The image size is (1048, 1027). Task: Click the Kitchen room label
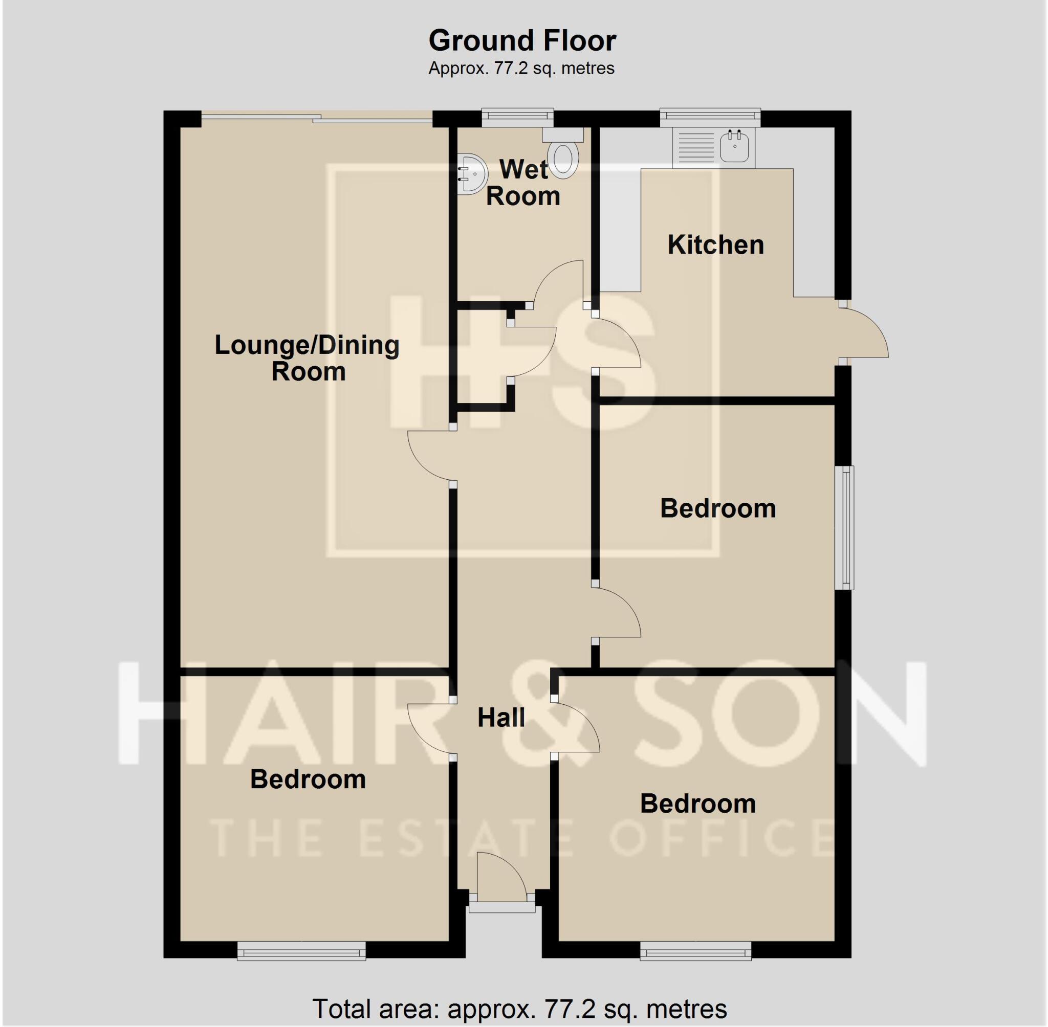click(715, 245)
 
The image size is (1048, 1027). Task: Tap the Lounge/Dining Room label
click(307, 358)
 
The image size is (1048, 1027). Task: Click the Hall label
click(501, 718)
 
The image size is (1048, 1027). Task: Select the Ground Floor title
click(522, 41)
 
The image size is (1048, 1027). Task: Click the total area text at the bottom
click(520, 1008)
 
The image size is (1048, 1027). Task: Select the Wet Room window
click(517, 116)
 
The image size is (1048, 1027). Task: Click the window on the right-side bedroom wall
click(845, 527)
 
